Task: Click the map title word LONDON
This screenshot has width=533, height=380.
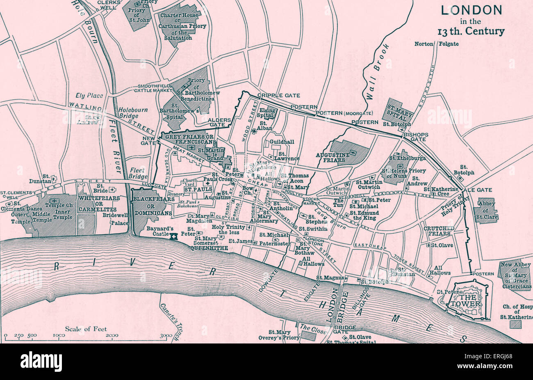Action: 471,10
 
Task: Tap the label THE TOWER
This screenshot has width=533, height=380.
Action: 470,300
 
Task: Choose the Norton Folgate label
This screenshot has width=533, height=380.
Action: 436,44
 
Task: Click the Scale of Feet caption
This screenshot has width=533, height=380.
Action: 86,329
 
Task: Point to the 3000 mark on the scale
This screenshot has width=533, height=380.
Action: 166,335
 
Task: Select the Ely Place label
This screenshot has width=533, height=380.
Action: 89,96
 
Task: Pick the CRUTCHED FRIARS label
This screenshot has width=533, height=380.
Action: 439,231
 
